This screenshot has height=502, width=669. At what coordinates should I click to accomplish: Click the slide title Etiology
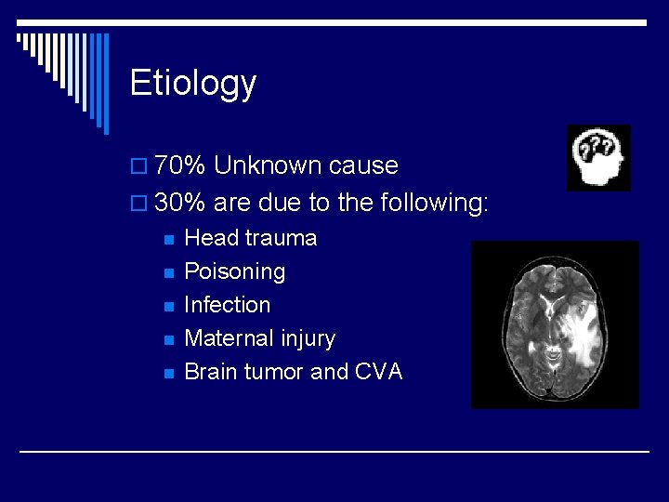192,84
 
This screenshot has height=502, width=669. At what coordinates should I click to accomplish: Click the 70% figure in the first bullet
180,166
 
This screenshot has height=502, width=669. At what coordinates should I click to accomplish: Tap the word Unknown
269,166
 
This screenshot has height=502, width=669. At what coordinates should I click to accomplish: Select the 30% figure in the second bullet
180,203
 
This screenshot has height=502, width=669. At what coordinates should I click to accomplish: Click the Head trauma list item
250,238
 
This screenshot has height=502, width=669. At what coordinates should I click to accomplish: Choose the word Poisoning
234,271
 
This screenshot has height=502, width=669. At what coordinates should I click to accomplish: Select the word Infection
227,305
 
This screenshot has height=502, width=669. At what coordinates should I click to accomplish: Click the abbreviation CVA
378,372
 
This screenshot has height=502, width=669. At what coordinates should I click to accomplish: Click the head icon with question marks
598,157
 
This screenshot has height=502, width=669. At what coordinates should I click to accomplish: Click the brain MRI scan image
555,324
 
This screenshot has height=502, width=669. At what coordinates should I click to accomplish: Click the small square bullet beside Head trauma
167,240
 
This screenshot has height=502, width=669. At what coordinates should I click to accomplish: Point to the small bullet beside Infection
167,307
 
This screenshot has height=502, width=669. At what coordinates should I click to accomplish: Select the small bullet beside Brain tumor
167,374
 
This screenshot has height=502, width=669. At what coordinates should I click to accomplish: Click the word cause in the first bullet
363,166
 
